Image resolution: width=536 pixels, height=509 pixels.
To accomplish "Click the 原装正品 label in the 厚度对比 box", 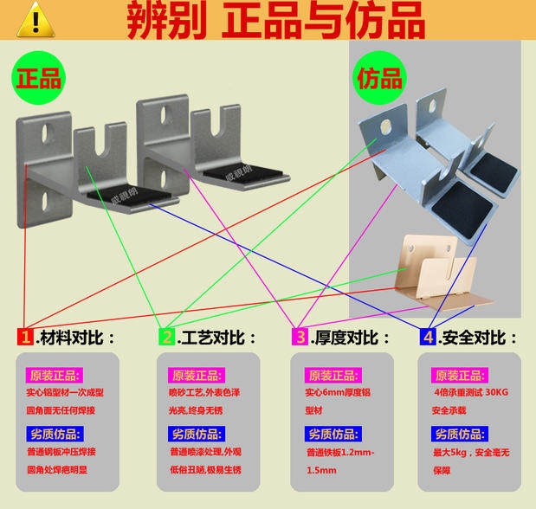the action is pos(332,376).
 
